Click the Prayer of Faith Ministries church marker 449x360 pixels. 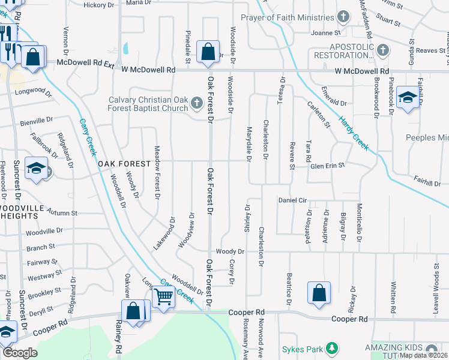point(343,17)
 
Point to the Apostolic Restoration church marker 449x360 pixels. point(383,49)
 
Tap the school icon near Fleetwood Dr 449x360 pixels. point(37,169)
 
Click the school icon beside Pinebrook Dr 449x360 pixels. point(408,97)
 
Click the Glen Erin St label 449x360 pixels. point(327,165)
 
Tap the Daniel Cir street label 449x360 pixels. point(292,199)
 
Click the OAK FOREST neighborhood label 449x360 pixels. point(123,164)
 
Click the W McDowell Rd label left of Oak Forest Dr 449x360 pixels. point(148,70)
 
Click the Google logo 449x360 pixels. point(20,353)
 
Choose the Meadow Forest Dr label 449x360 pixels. point(158,172)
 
